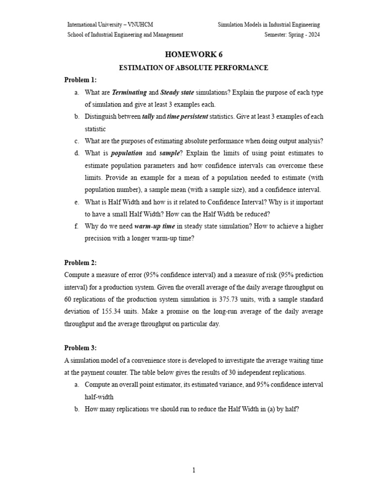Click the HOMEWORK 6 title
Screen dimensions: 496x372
[x=193, y=54]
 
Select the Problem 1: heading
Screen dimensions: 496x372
[x=80, y=79]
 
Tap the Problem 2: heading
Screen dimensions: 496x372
[x=80, y=263]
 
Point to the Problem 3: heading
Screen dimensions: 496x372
[x=80, y=348]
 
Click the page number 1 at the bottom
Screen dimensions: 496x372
[x=193, y=470]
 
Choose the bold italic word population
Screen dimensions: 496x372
[x=127, y=153]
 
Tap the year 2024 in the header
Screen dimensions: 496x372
[x=313, y=34]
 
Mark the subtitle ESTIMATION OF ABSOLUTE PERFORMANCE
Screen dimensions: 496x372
[x=193, y=68]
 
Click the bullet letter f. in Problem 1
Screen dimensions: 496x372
[x=76, y=226]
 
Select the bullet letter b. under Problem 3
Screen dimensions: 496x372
[x=77, y=408]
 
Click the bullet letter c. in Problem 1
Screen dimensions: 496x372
[x=77, y=141]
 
